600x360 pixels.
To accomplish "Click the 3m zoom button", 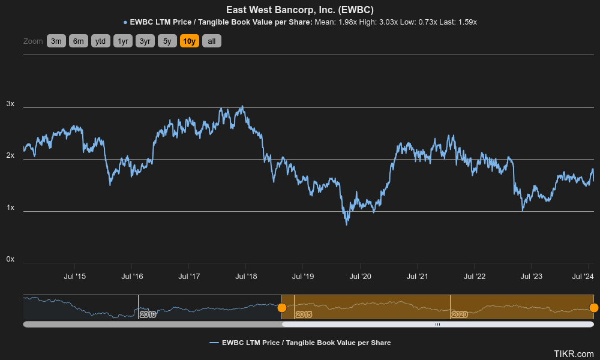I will [x=56, y=41].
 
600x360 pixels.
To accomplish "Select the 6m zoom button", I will [x=78, y=41].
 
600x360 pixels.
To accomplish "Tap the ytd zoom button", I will [x=100, y=41].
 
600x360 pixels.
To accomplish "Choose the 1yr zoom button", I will [x=122, y=41].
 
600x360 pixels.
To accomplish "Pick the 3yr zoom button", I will [x=145, y=41].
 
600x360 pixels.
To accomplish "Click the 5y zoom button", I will [x=167, y=41].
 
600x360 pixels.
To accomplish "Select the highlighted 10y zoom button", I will [x=189, y=41].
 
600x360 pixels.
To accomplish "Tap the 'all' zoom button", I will [x=211, y=41].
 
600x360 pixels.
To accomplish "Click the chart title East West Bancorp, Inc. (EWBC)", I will [x=300, y=10].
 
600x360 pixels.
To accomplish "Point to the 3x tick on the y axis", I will [x=10, y=104].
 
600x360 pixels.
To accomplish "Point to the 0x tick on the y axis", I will [x=10, y=259].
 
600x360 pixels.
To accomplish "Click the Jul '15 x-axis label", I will [x=74, y=276].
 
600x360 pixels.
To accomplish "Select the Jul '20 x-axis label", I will [x=360, y=276].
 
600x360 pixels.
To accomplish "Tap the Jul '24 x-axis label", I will [x=583, y=276].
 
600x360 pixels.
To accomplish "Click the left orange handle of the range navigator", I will [x=282, y=308].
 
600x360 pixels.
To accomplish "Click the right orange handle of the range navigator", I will [x=593, y=308].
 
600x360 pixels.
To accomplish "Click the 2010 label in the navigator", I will [x=148, y=314].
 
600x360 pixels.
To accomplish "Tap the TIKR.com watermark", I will [x=574, y=354].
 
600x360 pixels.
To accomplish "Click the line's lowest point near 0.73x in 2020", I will [x=346, y=224].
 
